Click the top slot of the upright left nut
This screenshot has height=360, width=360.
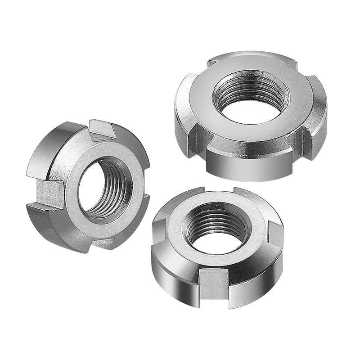[x=103, y=130]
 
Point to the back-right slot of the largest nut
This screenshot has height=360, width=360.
[x=290, y=65]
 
